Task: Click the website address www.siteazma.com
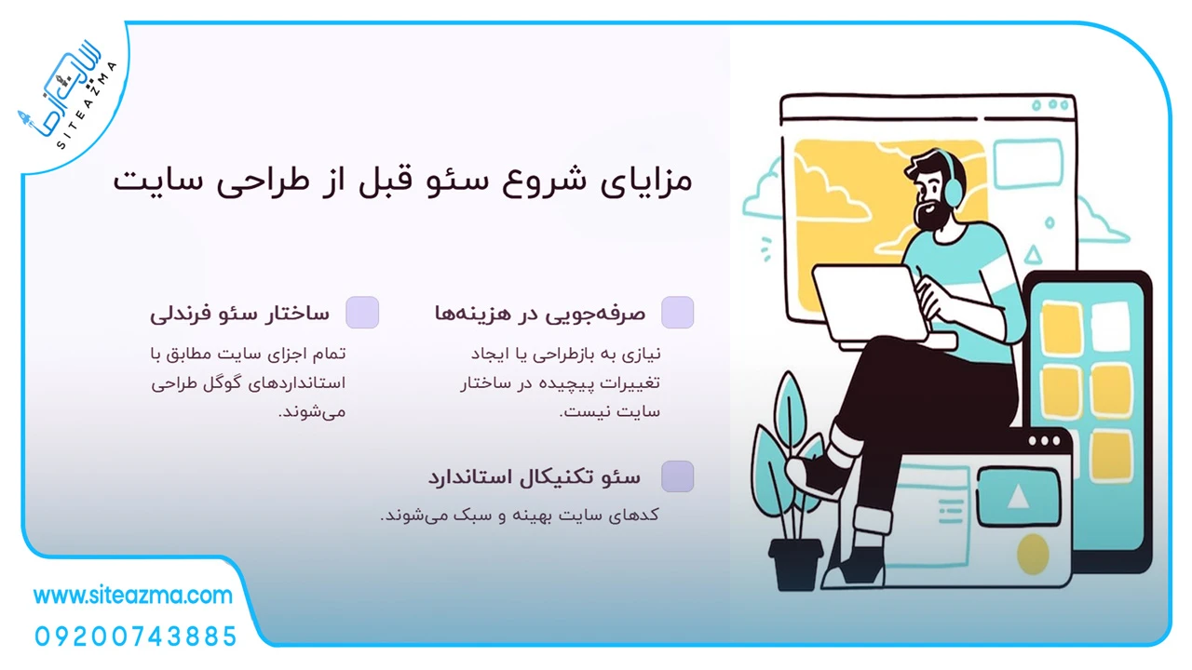[133, 596]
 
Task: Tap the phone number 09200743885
[136, 636]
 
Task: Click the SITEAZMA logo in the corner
[68, 96]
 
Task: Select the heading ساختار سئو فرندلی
[239, 314]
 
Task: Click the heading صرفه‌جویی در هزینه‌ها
[540, 314]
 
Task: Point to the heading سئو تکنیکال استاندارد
[535, 477]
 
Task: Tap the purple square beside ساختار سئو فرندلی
[362, 312]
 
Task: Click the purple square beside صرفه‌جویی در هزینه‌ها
[677, 312]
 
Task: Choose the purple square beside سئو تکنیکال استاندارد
[677, 476]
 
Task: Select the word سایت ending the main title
[158, 181]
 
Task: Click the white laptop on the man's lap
[873, 306]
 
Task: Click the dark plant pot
[795, 564]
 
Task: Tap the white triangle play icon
[1018, 497]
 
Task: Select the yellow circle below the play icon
[1033, 554]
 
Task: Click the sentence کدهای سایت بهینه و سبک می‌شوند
[520, 516]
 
